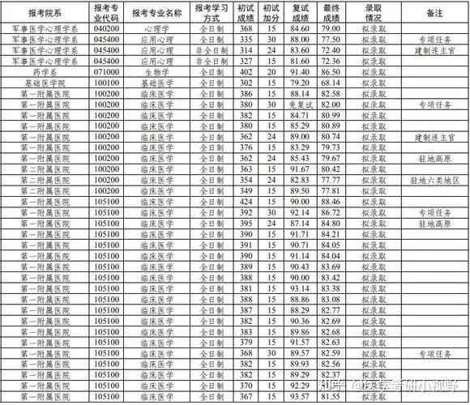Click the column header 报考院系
click(46, 15)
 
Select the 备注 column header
click(438, 15)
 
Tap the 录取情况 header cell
click(373, 15)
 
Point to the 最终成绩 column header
click(330, 15)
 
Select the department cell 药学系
click(46, 71)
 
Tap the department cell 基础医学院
click(46, 83)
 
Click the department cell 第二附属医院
click(46, 168)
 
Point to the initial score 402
click(247, 71)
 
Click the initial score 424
click(247, 201)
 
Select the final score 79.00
click(330, 28)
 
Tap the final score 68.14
click(330, 83)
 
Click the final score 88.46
click(330, 201)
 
